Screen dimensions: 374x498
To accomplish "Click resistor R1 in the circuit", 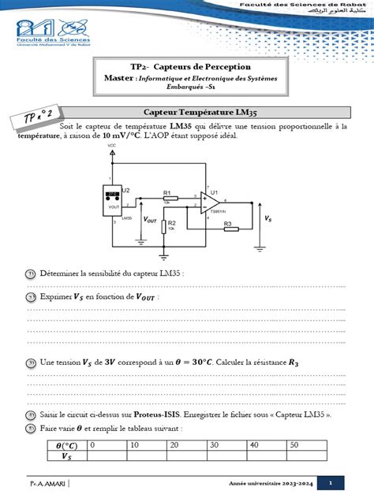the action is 168,198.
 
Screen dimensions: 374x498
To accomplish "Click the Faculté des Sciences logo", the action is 50,38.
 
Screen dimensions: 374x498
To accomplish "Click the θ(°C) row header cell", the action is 65,445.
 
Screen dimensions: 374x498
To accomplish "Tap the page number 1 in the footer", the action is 331,482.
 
